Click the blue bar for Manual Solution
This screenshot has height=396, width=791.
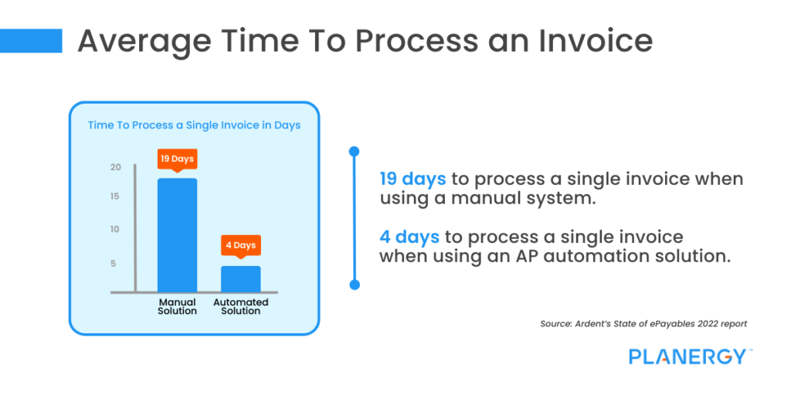[177, 235]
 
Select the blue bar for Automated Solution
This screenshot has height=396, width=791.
[241, 278]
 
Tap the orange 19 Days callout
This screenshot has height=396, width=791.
[177, 159]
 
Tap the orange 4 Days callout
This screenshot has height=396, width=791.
[241, 245]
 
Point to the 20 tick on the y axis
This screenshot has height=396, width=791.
[115, 167]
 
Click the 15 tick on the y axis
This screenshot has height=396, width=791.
[115, 196]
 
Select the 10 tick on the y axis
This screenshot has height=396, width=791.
[115, 230]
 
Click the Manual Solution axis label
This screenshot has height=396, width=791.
[177, 306]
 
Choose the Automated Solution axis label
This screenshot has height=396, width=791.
[241, 306]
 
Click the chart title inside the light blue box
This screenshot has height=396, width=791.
[194, 125]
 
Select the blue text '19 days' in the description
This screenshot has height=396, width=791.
[412, 179]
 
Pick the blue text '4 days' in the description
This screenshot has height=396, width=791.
[409, 237]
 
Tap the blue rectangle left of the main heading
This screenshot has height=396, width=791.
[31, 41]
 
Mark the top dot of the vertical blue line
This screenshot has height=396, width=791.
[355, 151]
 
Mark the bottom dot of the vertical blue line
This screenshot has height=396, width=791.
[355, 285]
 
